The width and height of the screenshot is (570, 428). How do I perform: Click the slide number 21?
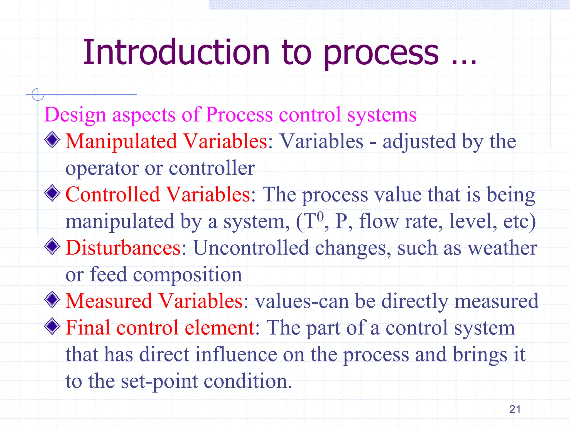click(x=515, y=409)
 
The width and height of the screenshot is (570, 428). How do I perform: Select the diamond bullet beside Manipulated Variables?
click(x=52, y=140)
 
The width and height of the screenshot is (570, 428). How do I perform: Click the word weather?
click(x=502, y=248)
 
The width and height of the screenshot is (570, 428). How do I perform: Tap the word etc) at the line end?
click(x=519, y=221)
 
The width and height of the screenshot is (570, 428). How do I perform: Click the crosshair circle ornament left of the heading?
click(x=38, y=94)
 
